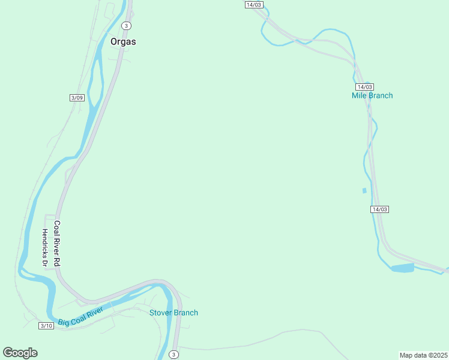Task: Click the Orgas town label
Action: (x=123, y=42)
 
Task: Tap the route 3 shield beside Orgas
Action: (x=125, y=25)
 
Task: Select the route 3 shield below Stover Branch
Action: (x=173, y=355)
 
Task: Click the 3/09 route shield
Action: (x=77, y=98)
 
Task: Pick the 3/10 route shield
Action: (x=46, y=325)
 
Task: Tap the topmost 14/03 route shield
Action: (x=254, y=5)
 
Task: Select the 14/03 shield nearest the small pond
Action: (x=379, y=209)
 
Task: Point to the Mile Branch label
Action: (x=372, y=95)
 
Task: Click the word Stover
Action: (x=160, y=313)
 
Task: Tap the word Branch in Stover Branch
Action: (x=185, y=313)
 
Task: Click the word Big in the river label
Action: (x=64, y=321)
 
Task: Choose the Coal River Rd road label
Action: (x=57, y=244)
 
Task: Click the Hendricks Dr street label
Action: (x=44, y=247)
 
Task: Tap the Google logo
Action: (x=20, y=353)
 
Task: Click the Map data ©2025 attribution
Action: (x=423, y=355)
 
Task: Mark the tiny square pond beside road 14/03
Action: (x=364, y=191)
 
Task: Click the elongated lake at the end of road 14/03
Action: (x=402, y=268)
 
